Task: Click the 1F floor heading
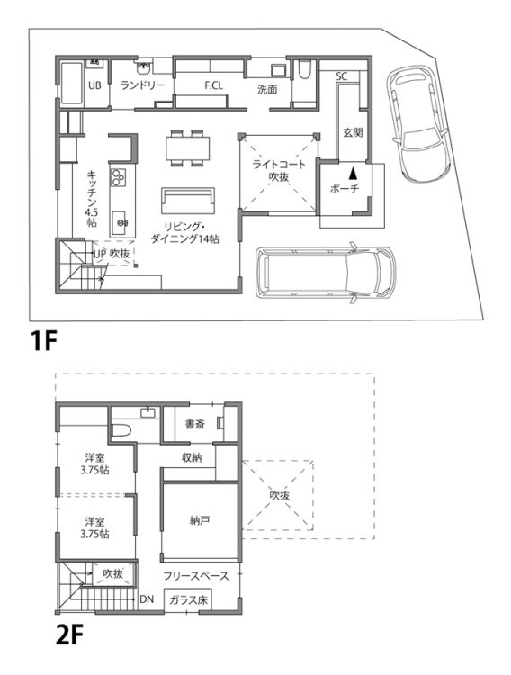[43, 340]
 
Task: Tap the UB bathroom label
[94, 85]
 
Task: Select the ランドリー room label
[142, 85]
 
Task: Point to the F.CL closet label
[213, 85]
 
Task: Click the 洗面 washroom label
[267, 89]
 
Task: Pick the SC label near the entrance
[341, 76]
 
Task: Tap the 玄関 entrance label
[353, 132]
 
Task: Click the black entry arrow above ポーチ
[353, 173]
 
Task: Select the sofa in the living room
[188, 201]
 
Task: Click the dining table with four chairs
[187, 148]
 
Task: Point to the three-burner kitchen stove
[119, 177]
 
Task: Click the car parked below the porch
[325, 273]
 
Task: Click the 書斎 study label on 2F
[195, 424]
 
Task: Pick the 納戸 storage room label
[200, 520]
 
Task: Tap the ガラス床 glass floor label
[188, 599]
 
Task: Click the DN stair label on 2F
[147, 599]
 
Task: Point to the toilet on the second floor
[121, 430]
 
